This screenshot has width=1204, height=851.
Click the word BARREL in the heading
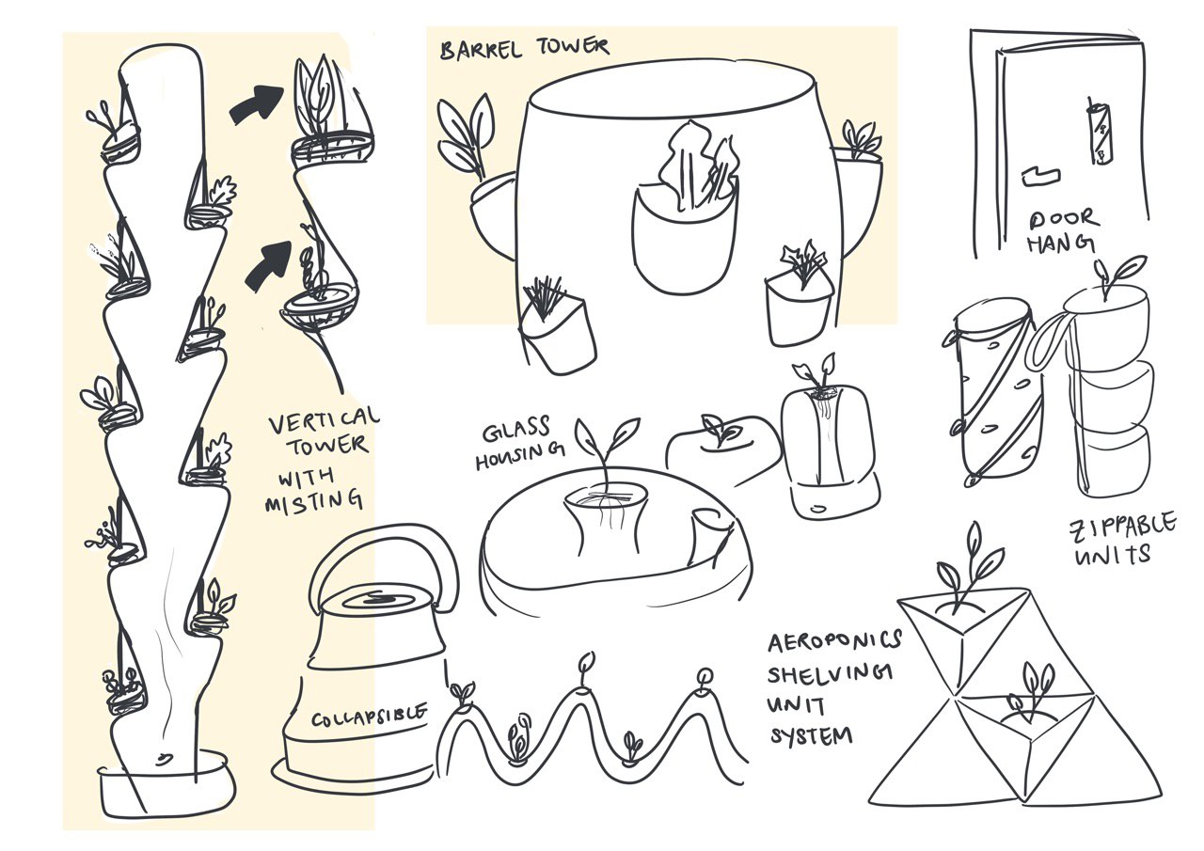click(x=481, y=50)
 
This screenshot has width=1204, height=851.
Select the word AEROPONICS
click(x=834, y=640)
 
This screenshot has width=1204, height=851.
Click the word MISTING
click(x=314, y=502)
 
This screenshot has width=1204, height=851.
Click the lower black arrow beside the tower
click(x=269, y=265)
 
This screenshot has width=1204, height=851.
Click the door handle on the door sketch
click(x=1040, y=177)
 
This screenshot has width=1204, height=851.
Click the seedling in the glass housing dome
click(x=607, y=451)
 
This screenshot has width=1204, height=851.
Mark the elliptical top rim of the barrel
click(x=671, y=87)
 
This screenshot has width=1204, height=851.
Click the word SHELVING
click(x=831, y=672)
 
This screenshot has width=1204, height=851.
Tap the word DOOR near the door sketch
click(x=1064, y=219)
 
